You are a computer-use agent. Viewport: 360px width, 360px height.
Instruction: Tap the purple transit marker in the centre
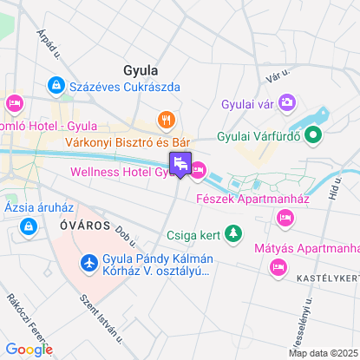[180, 163]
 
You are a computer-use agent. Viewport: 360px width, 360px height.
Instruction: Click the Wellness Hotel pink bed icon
[199, 172]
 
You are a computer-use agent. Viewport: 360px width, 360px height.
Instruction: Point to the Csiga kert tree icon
[232, 233]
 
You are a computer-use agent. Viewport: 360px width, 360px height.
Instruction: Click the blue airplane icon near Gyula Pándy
[88, 262]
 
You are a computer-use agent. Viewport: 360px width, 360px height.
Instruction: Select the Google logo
[29, 349]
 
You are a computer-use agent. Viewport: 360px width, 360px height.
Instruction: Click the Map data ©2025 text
[322, 353]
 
